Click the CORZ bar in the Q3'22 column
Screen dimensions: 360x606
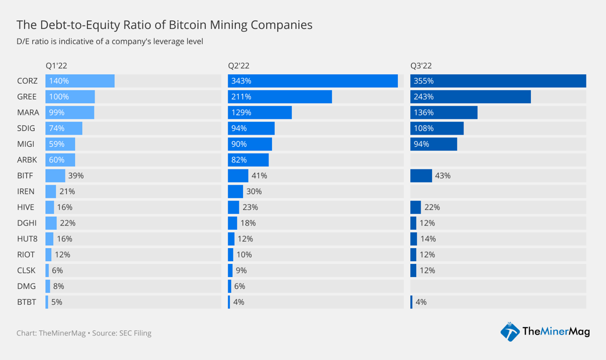pyautogui.click(x=498, y=81)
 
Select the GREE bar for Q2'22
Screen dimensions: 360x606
pyautogui.click(x=280, y=97)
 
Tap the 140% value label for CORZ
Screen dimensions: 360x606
pyautogui.click(x=59, y=81)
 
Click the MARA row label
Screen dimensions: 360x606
pyautogui.click(x=28, y=112)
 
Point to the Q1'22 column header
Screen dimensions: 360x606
pyautogui.click(x=56, y=66)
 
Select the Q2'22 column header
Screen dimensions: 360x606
pyautogui.click(x=239, y=66)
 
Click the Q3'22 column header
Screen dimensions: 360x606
pyautogui.click(x=421, y=66)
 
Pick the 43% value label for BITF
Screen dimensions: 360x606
pyautogui.click(x=442, y=176)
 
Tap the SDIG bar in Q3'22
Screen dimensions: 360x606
pyautogui.click(x=437, y=128)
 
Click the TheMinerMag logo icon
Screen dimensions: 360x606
pyautogui.click(x=510, y=332)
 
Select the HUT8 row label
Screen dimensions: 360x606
pyautogui.click(x=27, y=239)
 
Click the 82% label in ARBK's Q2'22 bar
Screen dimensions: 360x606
pyautogui.click(x=239, y=160)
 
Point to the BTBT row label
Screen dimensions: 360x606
pyautogui.click(x=27, y=302)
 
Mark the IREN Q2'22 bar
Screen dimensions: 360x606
pyautogui.click(x=235, y=191)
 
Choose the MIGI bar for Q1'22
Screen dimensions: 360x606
pyautogui.click(x=60, y=144)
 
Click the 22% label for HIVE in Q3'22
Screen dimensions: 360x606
pyautogui.click(x=432, y=207)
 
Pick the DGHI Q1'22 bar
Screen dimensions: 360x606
pyautogui.click(x=51, y=223)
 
